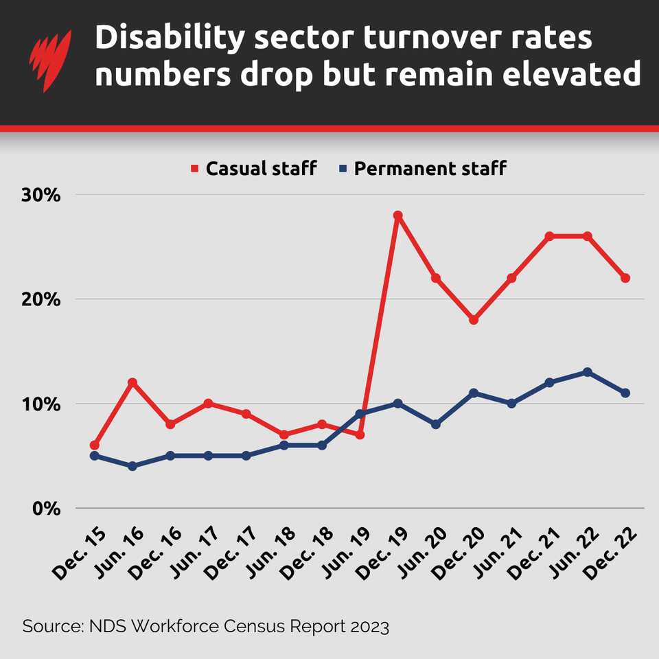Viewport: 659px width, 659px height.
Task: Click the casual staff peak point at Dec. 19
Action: coord(397,216)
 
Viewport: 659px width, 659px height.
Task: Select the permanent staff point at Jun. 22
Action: coord(587,372)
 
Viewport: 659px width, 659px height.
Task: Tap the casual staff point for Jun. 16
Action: coord(132,382)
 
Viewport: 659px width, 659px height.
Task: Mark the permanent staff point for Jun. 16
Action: coord(132,466)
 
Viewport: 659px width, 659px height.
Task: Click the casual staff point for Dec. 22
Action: coord(625,278)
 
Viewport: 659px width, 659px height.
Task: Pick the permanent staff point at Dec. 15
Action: coord(95,456)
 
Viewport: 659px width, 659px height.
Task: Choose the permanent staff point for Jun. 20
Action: coord(435,424)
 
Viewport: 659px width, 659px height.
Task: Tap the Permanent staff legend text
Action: coord(430,168)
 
